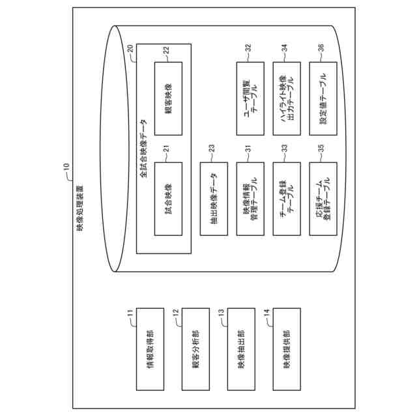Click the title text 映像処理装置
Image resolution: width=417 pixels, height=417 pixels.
point(79,208)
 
